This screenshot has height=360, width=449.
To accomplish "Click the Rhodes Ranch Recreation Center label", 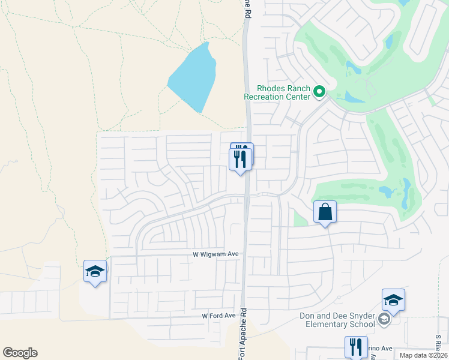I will tap(276, 92).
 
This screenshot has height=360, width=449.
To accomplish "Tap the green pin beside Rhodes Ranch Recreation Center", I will tap(319, 92).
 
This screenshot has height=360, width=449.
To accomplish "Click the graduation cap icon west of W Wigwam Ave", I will tap(95, 272).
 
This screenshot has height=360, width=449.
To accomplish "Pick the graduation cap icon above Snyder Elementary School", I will tap(393, 301).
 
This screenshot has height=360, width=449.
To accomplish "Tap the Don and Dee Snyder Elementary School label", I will tap(340, 320).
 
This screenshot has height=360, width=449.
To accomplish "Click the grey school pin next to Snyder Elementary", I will tap(384, 320).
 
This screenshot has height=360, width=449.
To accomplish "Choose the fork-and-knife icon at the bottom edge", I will tap(355, 347).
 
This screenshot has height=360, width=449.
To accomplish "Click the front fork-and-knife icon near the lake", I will tap(240, 160).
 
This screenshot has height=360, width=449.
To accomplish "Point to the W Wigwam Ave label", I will tap(215, 254).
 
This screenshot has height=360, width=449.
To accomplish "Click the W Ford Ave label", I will tap(218, 316).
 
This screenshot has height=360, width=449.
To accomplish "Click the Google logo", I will tap(20, 353).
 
